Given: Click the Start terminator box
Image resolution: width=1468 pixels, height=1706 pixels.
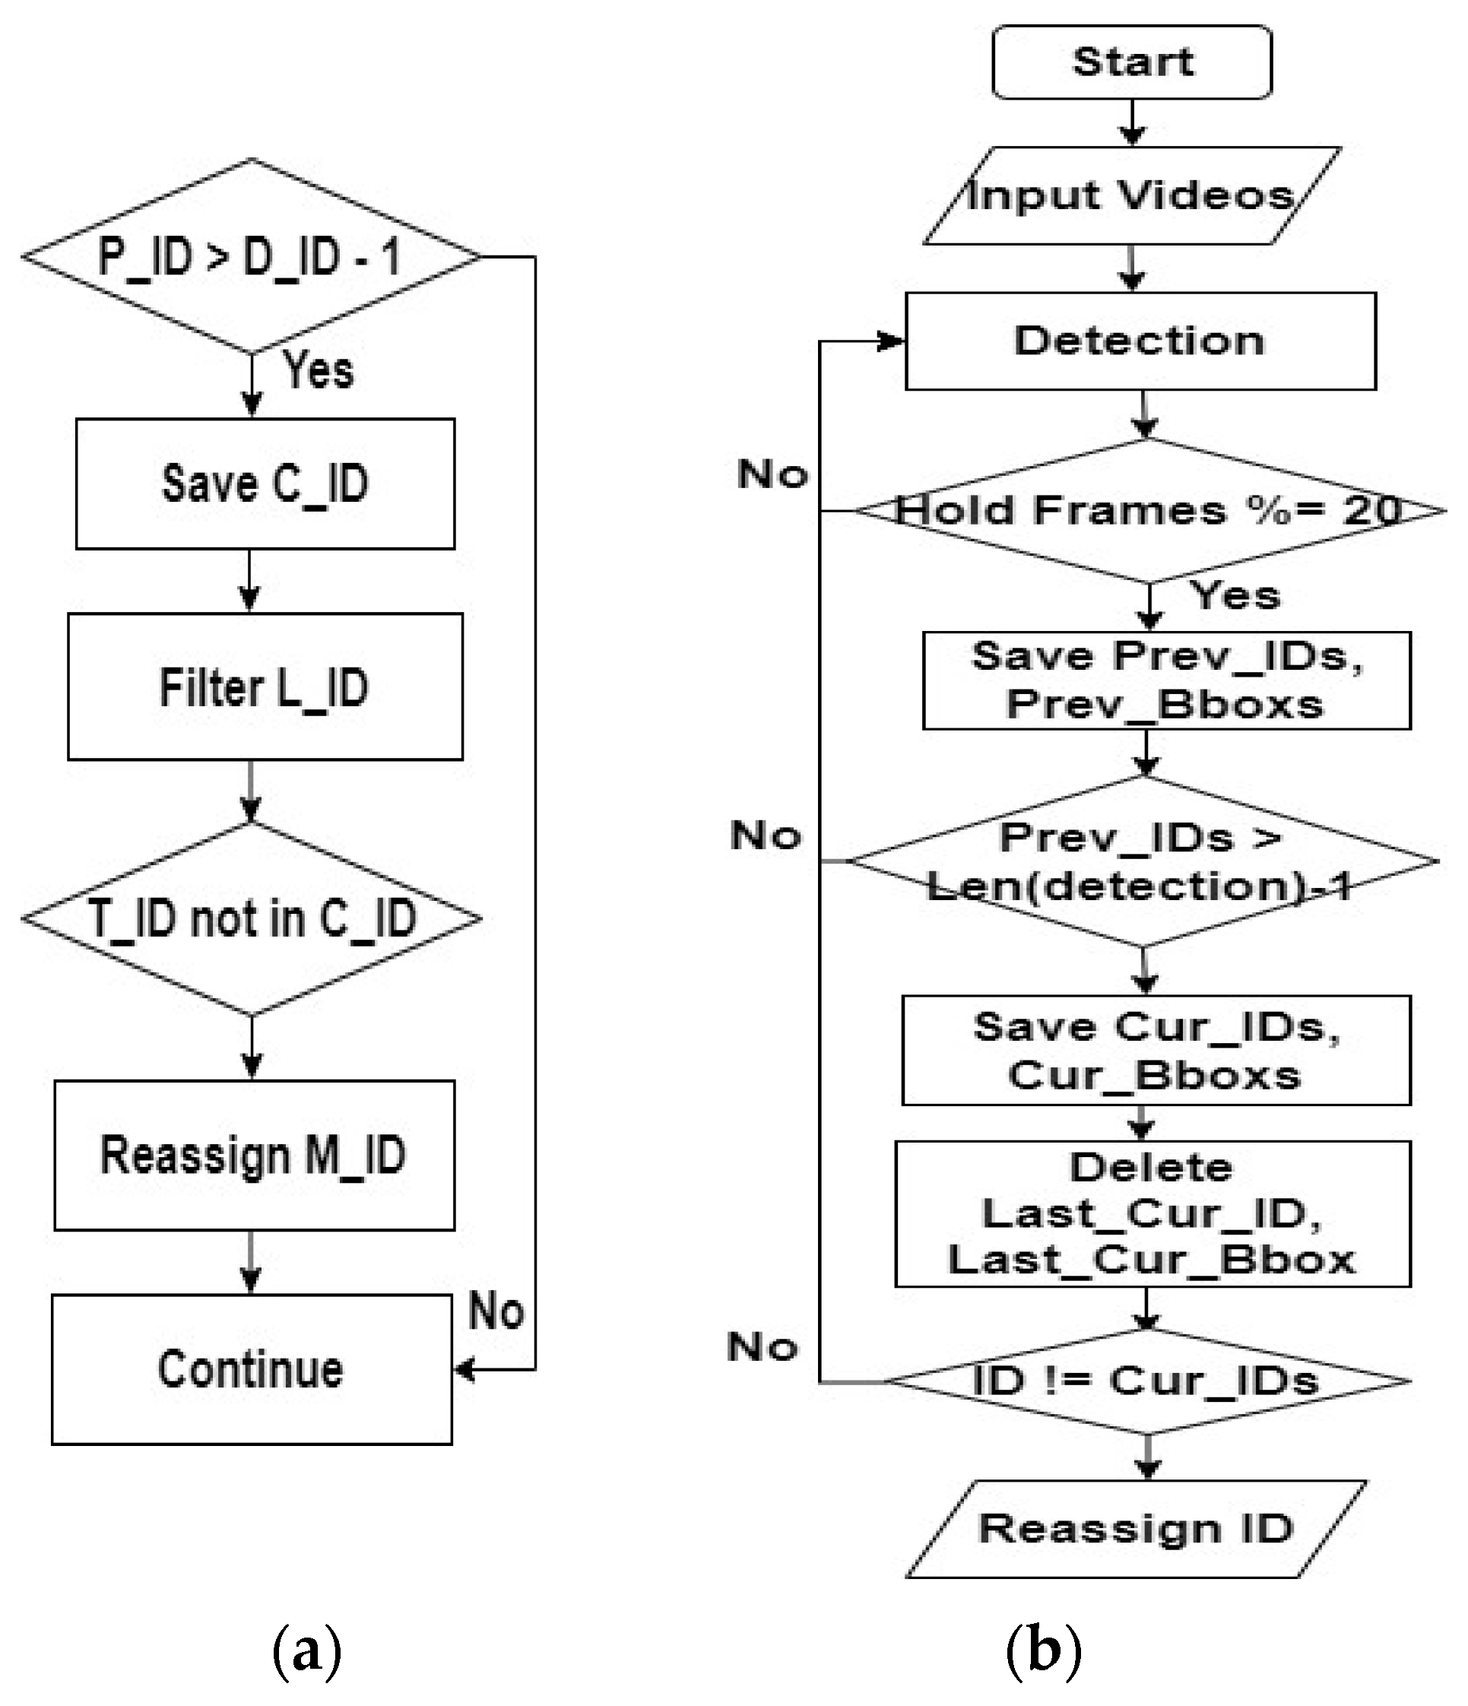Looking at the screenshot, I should [x=1131, y=62].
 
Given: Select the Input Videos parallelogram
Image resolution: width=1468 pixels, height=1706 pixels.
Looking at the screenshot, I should [x=1131, y=196].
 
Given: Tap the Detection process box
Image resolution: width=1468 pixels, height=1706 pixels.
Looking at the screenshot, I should [x=1140, y=341].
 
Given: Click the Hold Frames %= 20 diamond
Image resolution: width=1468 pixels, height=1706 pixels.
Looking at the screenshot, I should [x=1149, y=510].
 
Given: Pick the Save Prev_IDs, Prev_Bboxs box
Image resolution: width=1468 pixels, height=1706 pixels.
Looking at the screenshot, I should [x=1166, y=680].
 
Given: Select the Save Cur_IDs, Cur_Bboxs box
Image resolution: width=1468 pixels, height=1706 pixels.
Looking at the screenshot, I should [x=1156, y=1051].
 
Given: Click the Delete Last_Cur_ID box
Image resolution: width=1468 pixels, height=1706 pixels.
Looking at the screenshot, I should [x=1152, y=1213].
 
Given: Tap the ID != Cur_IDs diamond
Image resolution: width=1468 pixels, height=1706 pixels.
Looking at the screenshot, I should [x=1146, y=1381].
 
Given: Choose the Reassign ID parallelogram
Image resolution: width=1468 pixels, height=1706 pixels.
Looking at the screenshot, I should [x=1137, y=1529].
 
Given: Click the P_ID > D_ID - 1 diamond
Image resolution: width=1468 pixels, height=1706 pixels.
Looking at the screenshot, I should [x=250, y=257].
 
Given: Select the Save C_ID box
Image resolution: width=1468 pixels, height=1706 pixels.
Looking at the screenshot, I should [x=265, y=484].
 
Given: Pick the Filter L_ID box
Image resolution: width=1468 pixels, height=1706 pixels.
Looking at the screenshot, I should [x=265, y=687].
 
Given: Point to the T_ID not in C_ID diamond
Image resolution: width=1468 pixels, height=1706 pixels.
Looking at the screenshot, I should [x=252, y=918].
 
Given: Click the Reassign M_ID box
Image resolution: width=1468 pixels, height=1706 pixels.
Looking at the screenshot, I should [x=254, y=1155].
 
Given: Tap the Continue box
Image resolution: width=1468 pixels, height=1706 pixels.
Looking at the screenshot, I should [x=251, y=1369].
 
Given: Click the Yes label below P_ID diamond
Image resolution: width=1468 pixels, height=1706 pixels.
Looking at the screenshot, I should [x=319, y=369].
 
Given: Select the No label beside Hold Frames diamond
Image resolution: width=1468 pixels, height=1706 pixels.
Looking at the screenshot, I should [x=772, y=474].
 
